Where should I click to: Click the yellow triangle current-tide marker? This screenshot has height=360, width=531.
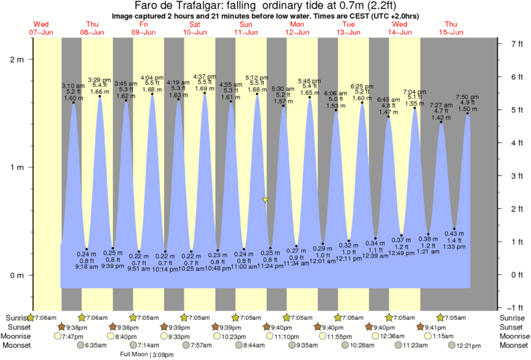pos(266,200)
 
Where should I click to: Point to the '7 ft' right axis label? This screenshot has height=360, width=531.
pos(516,43)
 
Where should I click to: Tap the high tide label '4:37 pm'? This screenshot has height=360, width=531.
pos(204,76)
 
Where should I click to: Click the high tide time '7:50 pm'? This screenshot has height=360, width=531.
pos(467,97)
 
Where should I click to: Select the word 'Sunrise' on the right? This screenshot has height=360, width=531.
pos(514,317)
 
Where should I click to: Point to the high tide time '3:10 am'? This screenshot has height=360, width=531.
pos(73,86)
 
